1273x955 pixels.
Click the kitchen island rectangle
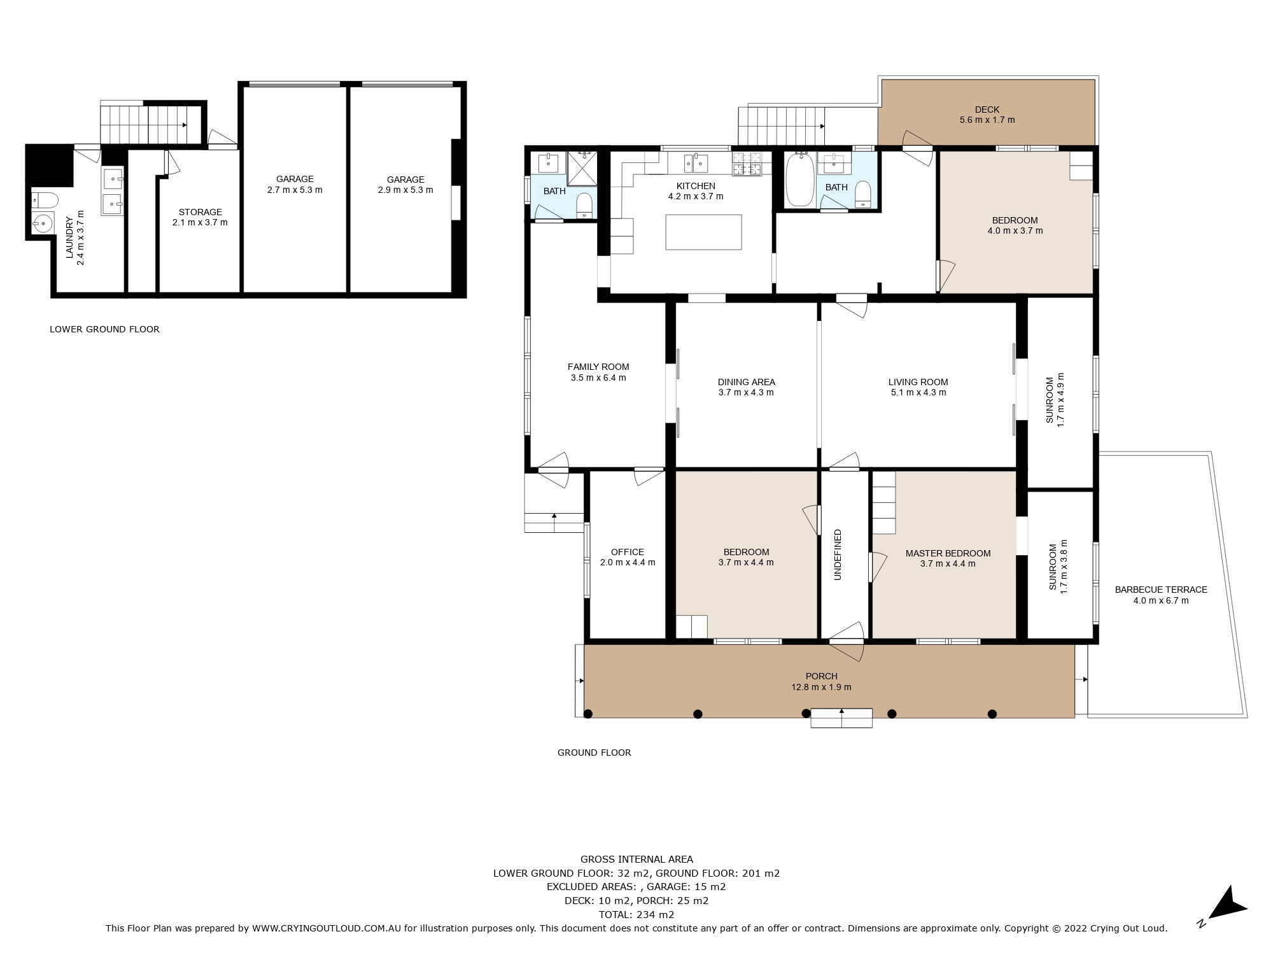point(703,232)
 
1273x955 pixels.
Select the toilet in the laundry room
point(44,200)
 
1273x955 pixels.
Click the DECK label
point(987,110)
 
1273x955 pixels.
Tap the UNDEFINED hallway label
point(838,555)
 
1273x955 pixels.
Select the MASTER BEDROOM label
point(948,553)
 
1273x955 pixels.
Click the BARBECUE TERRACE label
point(1161,590)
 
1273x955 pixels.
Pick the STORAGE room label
point(200,212)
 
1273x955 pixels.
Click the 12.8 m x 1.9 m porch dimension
point(821,687)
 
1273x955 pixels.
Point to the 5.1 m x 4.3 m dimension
point(918,392)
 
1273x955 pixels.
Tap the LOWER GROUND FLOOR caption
point(104,329)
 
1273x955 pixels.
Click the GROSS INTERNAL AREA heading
point(636,859)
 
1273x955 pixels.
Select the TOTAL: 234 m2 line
point(636,914)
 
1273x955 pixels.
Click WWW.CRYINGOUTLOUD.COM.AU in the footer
point(327,928)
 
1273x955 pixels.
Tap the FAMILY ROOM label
point(598,367)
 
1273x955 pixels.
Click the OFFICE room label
point(628,552)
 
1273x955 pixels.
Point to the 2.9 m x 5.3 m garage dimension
point(405,190)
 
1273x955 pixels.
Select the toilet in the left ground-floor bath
point(584,206)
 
